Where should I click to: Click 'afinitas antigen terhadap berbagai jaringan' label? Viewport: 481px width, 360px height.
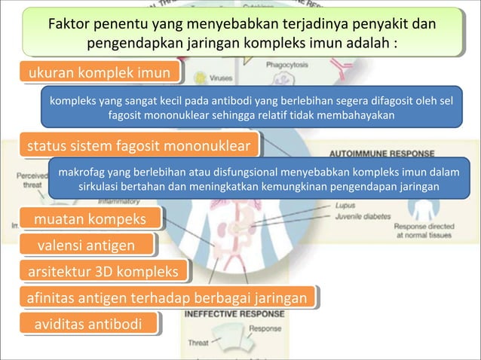point(166,298)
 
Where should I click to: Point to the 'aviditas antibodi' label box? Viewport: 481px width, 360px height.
point(89,324)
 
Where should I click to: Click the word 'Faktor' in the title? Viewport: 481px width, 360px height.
point(71,23)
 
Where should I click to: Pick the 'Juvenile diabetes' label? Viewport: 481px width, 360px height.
point(365,213)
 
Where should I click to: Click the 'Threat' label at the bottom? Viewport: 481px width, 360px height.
point(198,343)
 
